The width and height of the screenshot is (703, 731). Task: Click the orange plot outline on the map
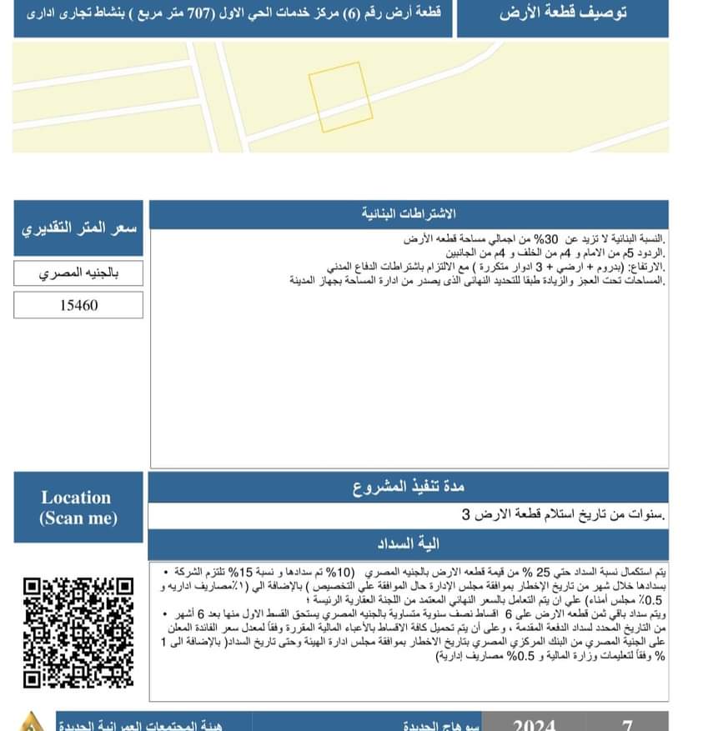(x=339, y=98)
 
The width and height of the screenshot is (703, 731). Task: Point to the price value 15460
(x=78, y=305)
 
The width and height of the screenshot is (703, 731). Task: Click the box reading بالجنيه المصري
(x=78, y=273)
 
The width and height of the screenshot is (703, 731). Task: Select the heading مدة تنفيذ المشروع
(x=408, y=487)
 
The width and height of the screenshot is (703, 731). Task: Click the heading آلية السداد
(x=408, y=544)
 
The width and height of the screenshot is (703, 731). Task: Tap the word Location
(x=76, y=498)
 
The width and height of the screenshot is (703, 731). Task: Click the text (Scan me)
(x=78, y=518)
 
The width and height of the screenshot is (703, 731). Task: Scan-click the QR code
(x=78, y=631)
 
